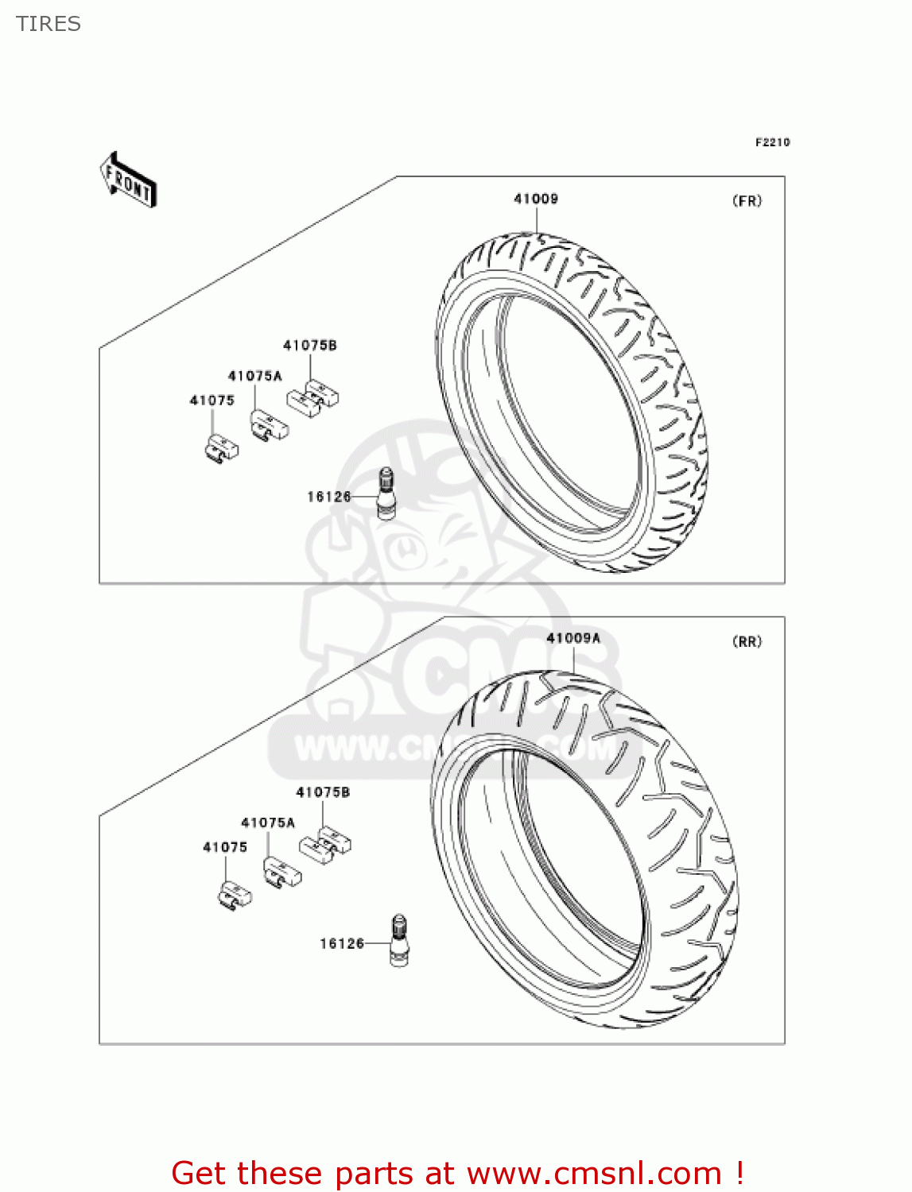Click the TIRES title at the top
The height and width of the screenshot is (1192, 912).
click(49, 24)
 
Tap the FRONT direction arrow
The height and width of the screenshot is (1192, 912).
click(128, 180)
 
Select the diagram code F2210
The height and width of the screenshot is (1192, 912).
click(772, 142)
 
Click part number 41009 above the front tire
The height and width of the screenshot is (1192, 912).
click(536, 199)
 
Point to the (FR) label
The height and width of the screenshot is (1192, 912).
click(747, 201)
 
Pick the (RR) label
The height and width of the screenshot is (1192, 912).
click(747, 641)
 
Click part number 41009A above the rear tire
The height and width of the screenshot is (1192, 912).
click(573, 638)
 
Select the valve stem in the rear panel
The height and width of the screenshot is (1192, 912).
click(399, 941)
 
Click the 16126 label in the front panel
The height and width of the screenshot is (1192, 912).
click(329, 497)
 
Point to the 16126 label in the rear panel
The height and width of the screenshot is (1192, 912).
click(342, 943)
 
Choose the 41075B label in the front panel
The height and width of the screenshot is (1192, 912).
click(310, 345)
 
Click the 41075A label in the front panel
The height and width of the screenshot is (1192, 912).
click(255, 376)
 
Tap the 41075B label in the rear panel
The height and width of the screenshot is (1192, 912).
click(323, 792)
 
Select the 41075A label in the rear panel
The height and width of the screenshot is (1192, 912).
click(268, 822)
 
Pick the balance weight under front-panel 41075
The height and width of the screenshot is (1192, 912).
click(220, 449)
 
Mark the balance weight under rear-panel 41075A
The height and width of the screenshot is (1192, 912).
click(282, 872)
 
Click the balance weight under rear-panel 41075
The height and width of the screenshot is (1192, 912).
click(234, 896)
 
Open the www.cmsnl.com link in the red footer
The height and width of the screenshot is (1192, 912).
click(594, 1173)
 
